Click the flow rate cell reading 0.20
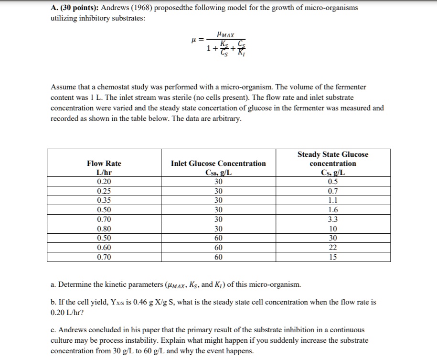pos(104,181)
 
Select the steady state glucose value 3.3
pos(333,219)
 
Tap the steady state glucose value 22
pos(333,248)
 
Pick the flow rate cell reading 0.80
pos(104,229)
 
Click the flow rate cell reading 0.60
pos(104,248)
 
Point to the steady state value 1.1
pos(333,200)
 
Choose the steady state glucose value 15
pos(333,257)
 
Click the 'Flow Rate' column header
pos(104,164)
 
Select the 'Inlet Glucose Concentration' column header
pos(218,164)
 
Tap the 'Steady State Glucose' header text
pos(333,154)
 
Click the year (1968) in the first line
pos(138,8)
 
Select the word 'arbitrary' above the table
pos(228,119)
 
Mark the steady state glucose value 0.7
pos(333,191)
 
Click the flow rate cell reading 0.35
pos(104,200)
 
